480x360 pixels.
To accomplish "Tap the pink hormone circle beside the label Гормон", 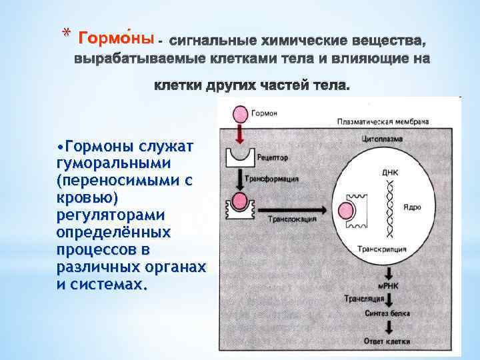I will tap(238, 113).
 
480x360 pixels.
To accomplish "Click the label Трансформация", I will tap(272, 179).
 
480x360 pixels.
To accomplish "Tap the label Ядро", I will tap(412, 208).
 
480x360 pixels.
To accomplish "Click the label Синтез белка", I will tap(387, 313).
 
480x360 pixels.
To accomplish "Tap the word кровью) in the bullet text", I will tap(82, 199).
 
